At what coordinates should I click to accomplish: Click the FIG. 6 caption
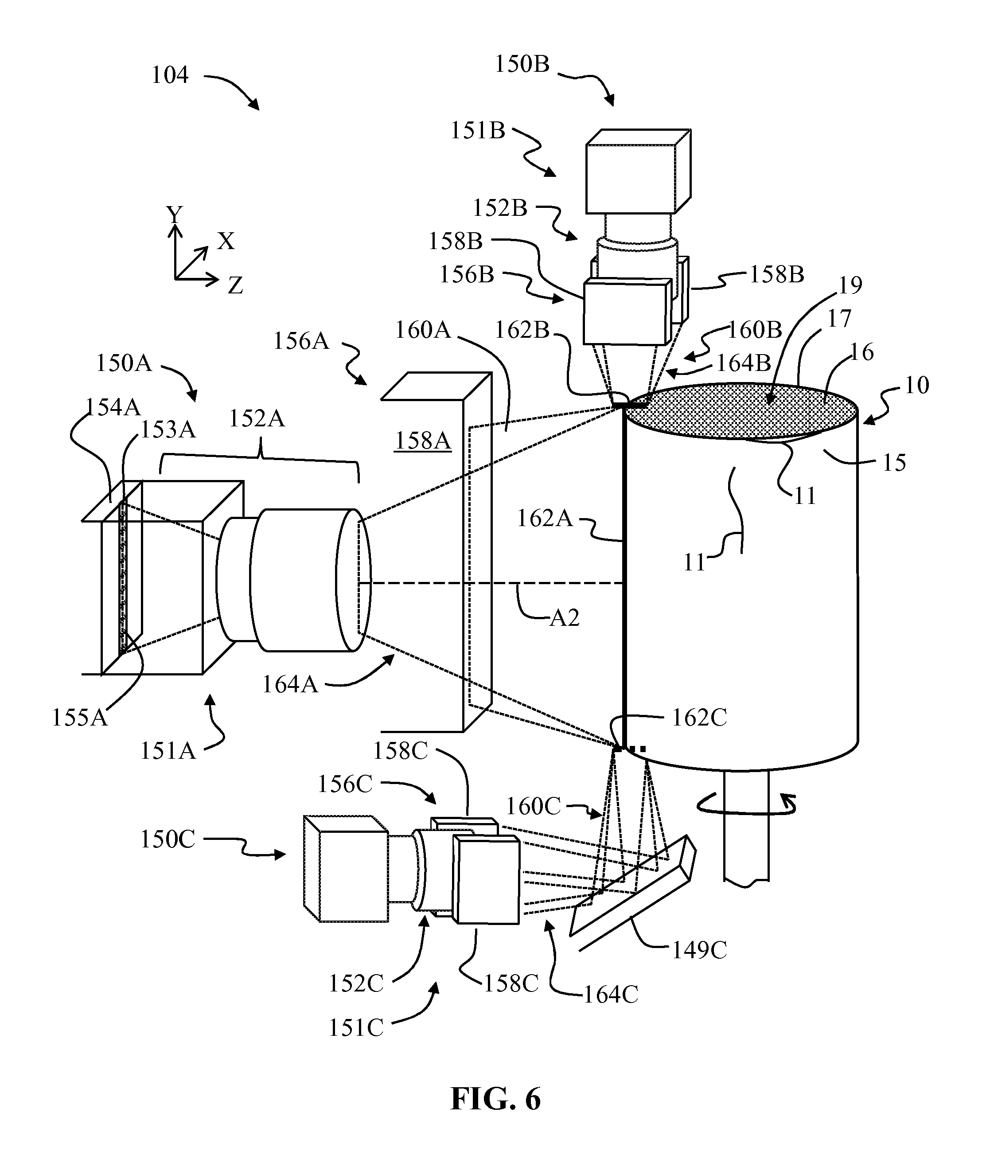tap(495, 1099)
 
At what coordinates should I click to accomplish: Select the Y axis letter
tap(175, 214)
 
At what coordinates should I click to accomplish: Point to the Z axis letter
tap(235, 286)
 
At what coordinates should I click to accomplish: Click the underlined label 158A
tap(422, 441)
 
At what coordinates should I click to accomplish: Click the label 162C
tap(699, 718)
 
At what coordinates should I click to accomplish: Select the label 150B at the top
tap(522, 65)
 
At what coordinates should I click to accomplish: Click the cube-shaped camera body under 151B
tap(637, 173)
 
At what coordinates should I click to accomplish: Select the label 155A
tap(79, 718)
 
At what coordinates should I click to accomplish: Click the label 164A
tap(290, 684)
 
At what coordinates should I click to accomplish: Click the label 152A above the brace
tap(257, 418)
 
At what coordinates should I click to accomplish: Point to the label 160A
tap(423, 330)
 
